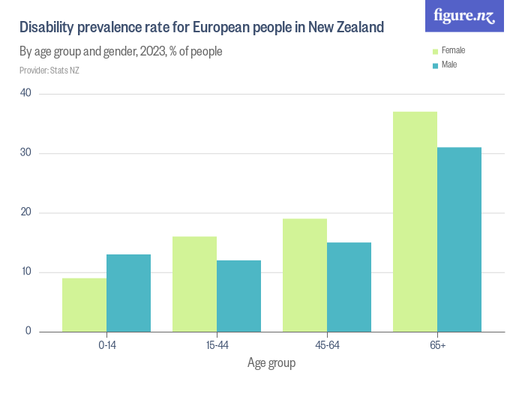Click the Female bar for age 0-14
(x=84, y=305)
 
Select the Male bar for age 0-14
(x=128, y=293)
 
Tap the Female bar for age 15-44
(x=194, y=284)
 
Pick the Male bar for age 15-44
(x=238, y=296)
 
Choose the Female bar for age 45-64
(x=304, y=275)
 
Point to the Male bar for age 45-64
(x=349, y=287)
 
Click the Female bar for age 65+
(x=415, y=221)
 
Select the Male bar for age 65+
(x=459, y=239)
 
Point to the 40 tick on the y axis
(x=26, y=93)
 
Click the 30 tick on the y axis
(x=26, y=153)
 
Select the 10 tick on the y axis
(x=26, y=272)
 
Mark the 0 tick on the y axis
(x=28, y=331)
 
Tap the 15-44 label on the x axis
(x=216, y=345)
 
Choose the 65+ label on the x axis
(x=436, y=345)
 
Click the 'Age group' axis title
(x=271, y=363)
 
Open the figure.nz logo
(x=464, y=16)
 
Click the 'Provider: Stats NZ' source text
(x=49, y=71)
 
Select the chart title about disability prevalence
(x=202, y=28)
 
